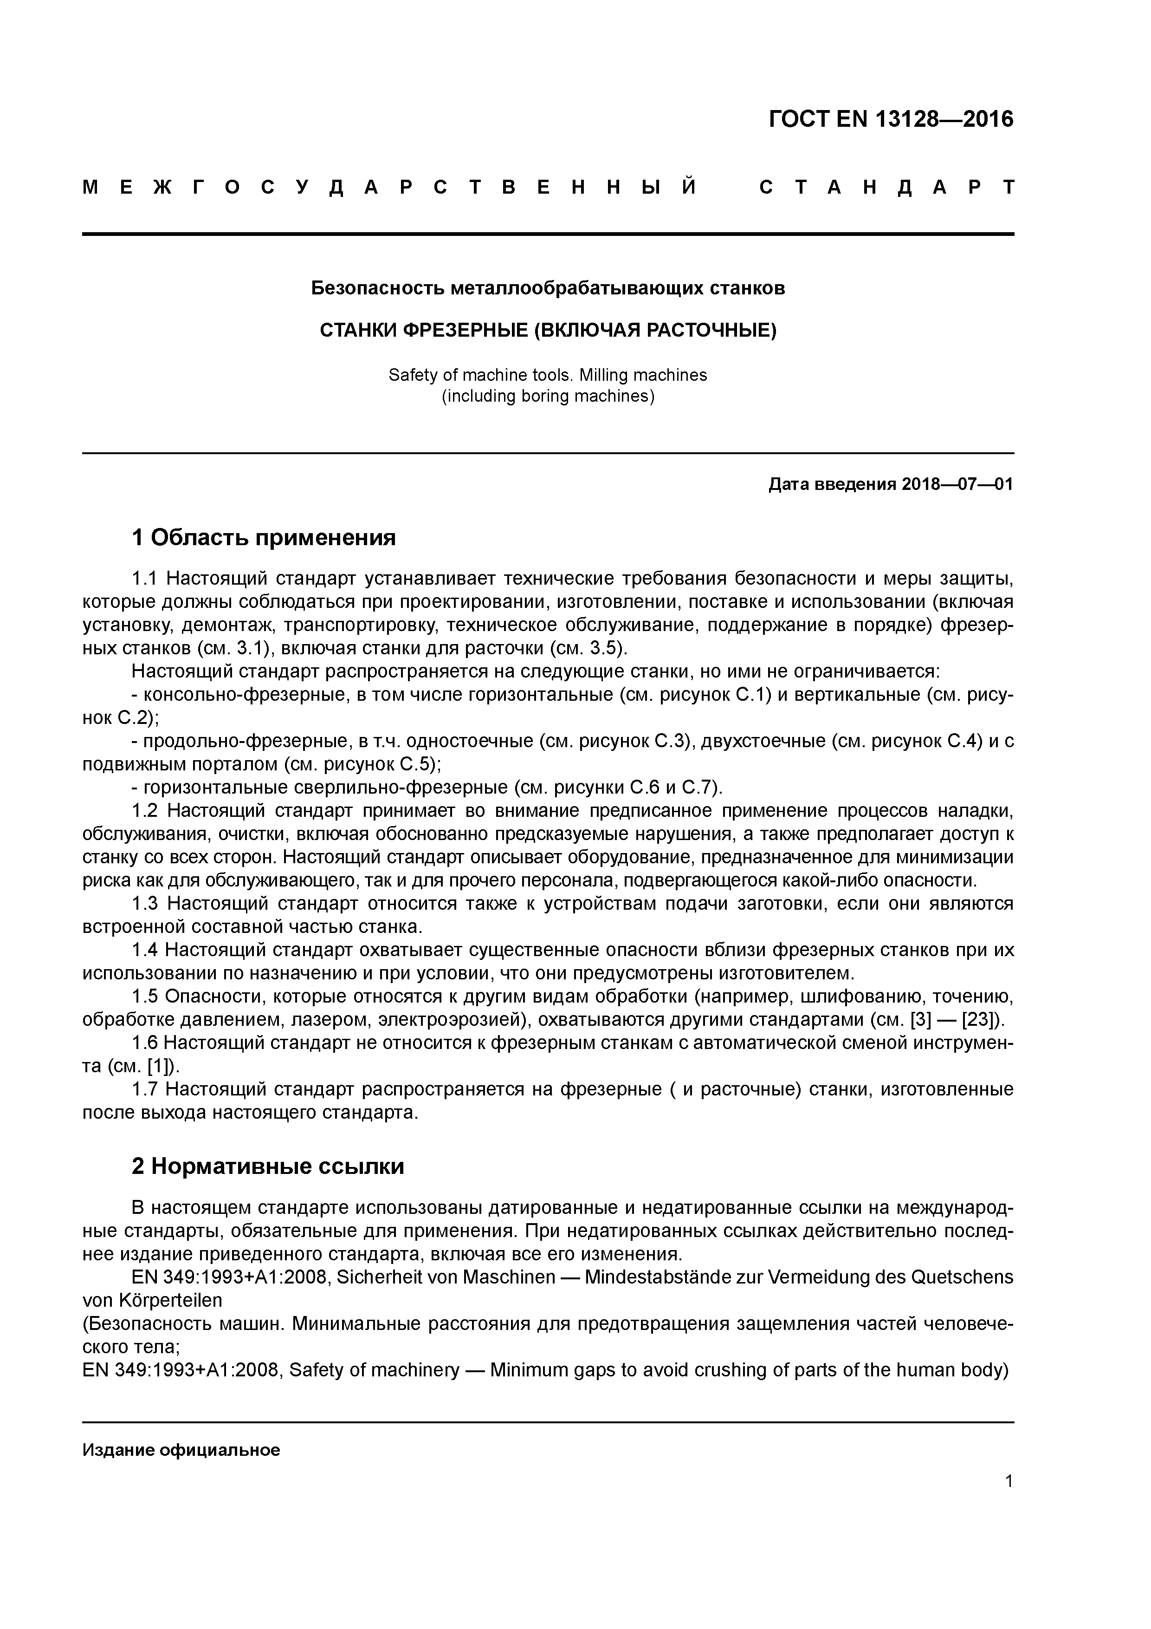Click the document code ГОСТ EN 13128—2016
[891, 119]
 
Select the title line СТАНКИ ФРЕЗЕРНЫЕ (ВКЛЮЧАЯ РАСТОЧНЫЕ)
[548, 331]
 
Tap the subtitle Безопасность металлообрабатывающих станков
[548, 289]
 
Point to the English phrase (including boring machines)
[548, 396]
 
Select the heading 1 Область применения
[263, 538]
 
